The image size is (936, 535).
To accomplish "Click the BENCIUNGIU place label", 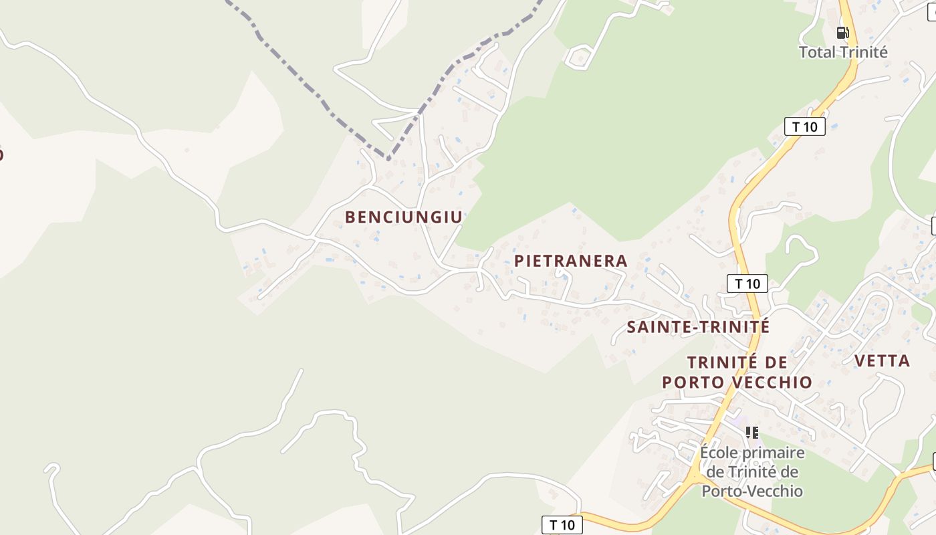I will tap(403, 217).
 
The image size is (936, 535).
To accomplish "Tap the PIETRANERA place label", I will tap(571, 261).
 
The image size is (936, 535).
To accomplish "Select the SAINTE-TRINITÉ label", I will tap(698, 327).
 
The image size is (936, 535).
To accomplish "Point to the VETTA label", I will tap(882, 361).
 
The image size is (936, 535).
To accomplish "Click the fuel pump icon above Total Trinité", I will tap(843, 32).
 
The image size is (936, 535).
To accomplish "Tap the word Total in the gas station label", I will tap(819, 52).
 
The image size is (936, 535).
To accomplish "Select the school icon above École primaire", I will tap(752, 433).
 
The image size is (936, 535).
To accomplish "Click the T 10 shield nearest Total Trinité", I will tap(804, 126).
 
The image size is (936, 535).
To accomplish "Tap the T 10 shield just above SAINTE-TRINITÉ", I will tap(747, 284).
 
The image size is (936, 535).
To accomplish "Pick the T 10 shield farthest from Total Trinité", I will tap(562, 525).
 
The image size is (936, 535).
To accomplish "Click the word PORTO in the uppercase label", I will tap(695, 383).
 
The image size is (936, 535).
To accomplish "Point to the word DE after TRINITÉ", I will tap(775, 362).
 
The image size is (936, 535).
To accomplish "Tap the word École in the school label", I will tap(718, 453).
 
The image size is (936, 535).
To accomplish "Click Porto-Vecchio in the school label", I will tap(751, 491).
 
